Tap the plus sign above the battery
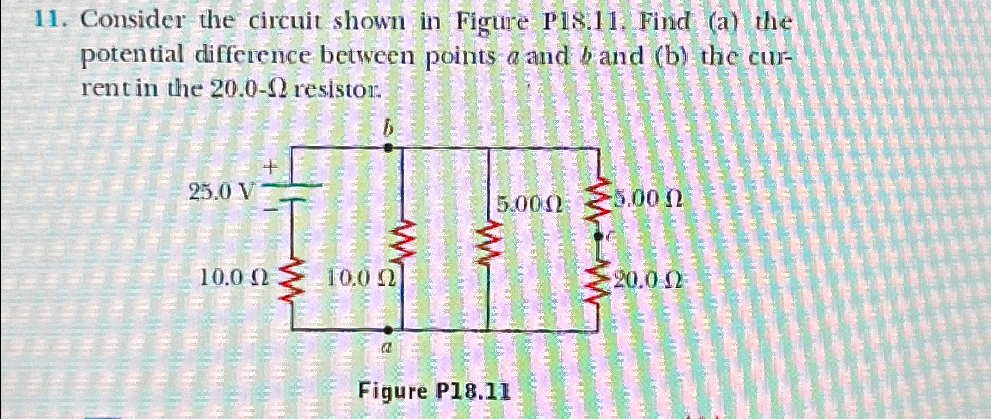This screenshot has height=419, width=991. pos(271,169)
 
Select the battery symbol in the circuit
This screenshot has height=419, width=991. pos(292,192)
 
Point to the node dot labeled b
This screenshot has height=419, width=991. pos(387,149)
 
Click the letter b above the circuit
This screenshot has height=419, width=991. pos(387,129)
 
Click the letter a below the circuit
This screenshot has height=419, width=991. pos(386,348)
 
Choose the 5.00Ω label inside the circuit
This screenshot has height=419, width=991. pos(530,204)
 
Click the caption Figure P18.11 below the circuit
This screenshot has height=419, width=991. pos(434,390)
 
